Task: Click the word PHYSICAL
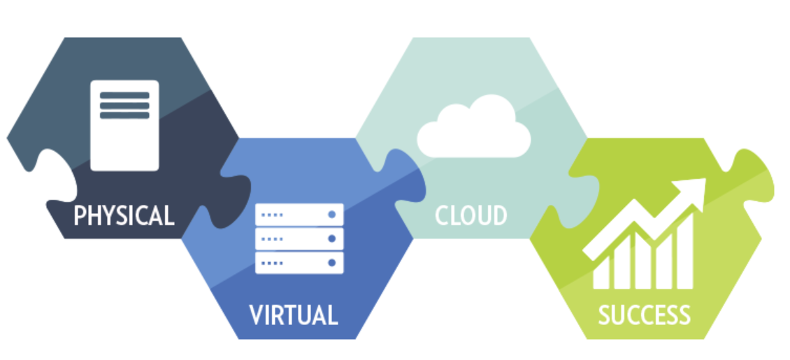pyautogui.click(x=124, y=215)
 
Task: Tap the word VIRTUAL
pyautogui.click(x=293, y=315)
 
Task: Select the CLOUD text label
pyautogui.click(x=471, y=215)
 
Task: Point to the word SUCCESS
pyautogui.click(x=644, y=315)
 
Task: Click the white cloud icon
pyautogui.click(x=474, y=127)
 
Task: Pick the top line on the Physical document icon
pyautogui.click(x=124, y=95)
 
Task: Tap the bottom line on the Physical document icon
pyautogui.click(x=124, y=115)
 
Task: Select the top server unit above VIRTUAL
pyautogui.click(x=299, y=215)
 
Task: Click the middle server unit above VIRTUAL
pyautogui.click(x=299, y=238)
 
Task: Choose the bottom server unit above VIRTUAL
pyautogui.click(x=299, y=263)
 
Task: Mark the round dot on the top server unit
pyautogui.click(x=331, y=215)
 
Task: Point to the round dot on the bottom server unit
pyautogui.click(x=331, y=263)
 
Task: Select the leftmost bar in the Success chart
pyautogui.click(x=601, y=273)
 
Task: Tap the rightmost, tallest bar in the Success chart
pyautogui.click(x=685, y=251)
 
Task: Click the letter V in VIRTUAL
pyautogui.click(x=256, y=315)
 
